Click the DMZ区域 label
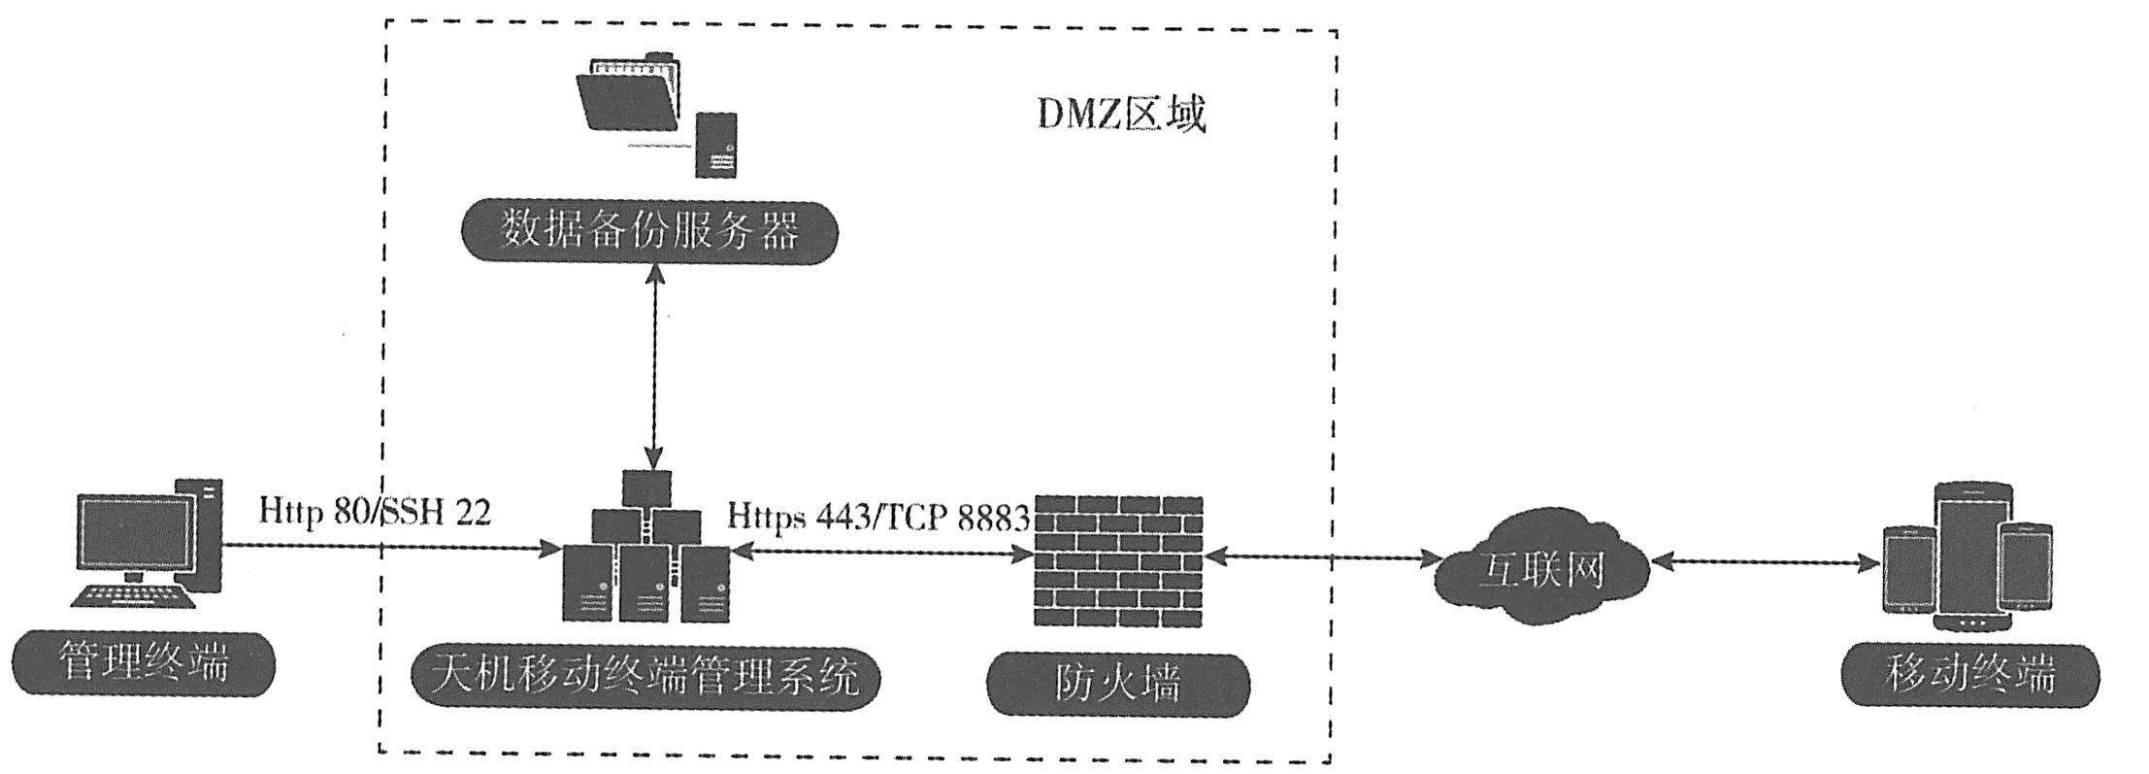click(1121, 115)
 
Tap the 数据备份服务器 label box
click(648, 232)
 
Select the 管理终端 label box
click(144, 664)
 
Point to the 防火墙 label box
click(1117, 684)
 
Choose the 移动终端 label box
click(1969, 675)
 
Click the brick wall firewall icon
click(1118, 561)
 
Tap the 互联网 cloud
click(1541, 570)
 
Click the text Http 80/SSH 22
click(375, 512)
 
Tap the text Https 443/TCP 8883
click(877, 518)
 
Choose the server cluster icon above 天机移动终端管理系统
click(645, 549)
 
